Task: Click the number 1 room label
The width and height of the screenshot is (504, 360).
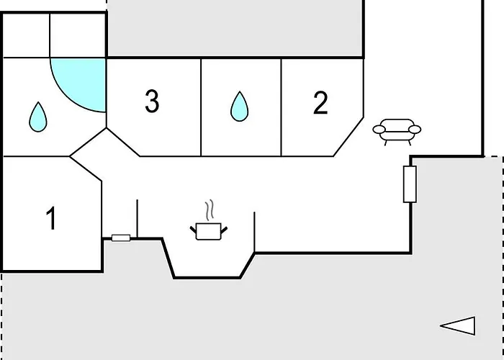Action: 51,218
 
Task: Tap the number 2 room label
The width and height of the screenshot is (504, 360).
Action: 320,102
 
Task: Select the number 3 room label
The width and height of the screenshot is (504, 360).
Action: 152,101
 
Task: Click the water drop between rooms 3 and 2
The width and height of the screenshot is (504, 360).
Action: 240,107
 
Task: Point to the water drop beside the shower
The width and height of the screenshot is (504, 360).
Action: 38,117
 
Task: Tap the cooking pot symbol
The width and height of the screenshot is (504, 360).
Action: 209,231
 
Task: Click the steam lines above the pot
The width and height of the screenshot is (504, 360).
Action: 210,210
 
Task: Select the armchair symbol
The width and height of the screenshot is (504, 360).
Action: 397,132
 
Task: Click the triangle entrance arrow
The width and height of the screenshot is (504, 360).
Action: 458,326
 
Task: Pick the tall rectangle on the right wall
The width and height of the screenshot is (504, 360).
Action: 410,184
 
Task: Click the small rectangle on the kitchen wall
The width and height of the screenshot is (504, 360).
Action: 121,238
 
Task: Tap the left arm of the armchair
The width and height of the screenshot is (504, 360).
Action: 379,130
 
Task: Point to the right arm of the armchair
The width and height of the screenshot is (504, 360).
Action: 415,130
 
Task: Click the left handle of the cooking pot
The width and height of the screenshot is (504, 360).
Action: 193,230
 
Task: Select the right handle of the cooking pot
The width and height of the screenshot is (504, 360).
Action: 224,230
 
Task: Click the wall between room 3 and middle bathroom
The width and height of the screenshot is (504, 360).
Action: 201,107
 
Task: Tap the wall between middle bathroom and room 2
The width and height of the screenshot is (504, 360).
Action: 282,107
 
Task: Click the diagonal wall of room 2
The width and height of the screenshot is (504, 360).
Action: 348,137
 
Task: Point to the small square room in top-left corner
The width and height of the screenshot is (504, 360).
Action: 26,35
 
